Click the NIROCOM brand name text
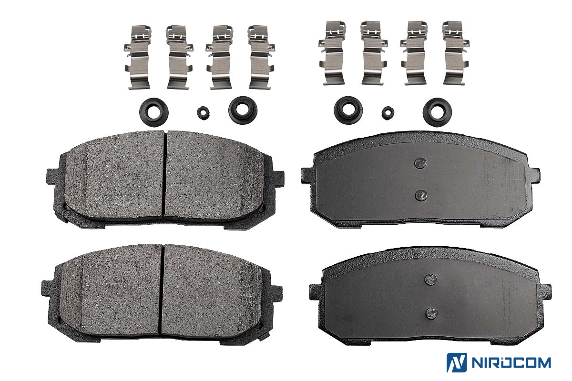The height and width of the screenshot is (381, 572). click(x=511, y=362)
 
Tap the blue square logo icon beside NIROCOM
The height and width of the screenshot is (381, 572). click(x=457, y=362)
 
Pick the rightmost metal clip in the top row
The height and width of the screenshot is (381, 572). click(x=455, y=53)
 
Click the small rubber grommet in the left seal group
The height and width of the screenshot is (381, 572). click(x=203, y=113)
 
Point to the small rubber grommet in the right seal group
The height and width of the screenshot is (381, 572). click(x=388, y=113)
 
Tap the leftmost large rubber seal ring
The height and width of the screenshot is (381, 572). click(x=153, y=112)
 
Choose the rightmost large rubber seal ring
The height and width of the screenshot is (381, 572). click(x=438, y=112)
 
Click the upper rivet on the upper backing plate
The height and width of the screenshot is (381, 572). click(x=420, y=163)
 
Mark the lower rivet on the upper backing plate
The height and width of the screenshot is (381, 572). click(x=421, y=195)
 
